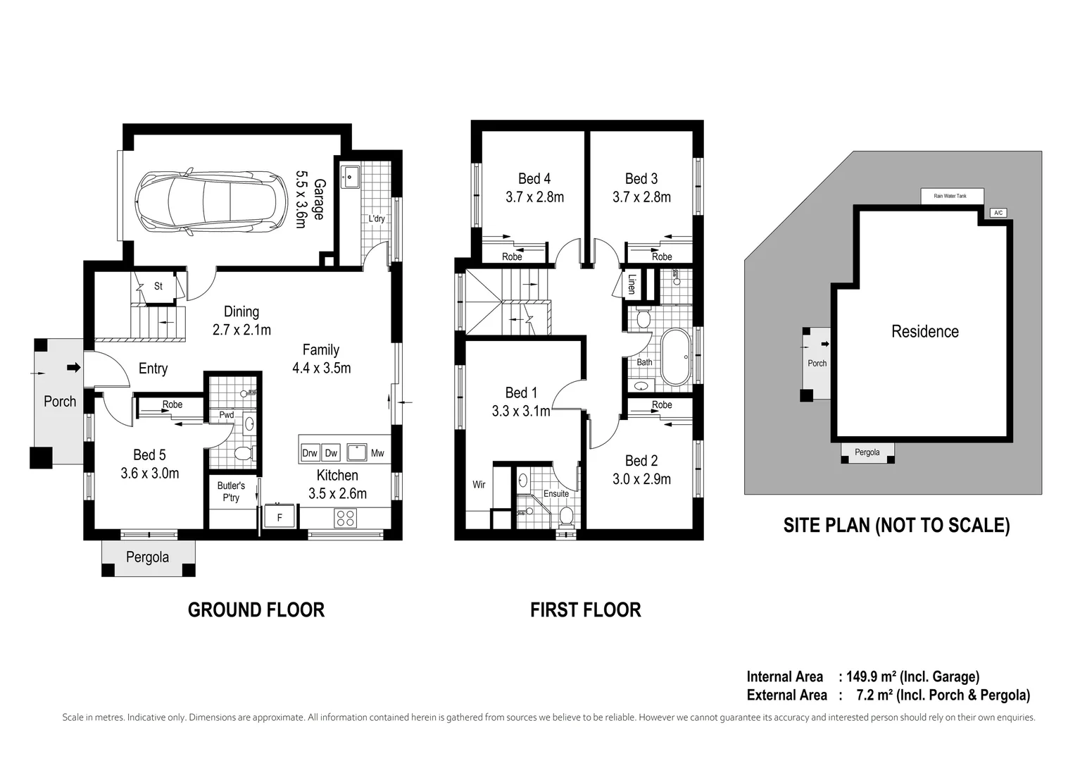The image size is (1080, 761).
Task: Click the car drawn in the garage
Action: point(212,202)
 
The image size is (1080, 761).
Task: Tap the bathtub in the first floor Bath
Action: point(676,357)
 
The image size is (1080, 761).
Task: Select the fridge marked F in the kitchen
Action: point(280,517)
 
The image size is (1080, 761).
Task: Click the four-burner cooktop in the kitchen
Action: point(345,518)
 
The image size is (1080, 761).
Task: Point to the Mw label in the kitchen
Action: point(377,453)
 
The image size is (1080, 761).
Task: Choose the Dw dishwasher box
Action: point(331,453)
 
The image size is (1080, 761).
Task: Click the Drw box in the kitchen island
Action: point(310,453)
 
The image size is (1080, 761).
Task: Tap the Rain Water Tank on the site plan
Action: point(951,196)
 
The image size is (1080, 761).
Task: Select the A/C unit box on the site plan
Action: point(998,212)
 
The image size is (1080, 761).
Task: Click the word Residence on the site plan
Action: point(924,331)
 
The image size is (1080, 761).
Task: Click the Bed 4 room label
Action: point(534,179)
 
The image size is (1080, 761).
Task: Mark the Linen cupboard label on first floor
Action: point(632,283)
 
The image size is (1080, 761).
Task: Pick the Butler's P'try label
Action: point(231,491)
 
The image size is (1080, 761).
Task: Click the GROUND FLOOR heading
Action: point(256,610)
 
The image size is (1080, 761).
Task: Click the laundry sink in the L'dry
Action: point(350,175)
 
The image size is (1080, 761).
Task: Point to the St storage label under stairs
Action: point(158,286)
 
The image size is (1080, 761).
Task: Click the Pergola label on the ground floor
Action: point(147,557)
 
